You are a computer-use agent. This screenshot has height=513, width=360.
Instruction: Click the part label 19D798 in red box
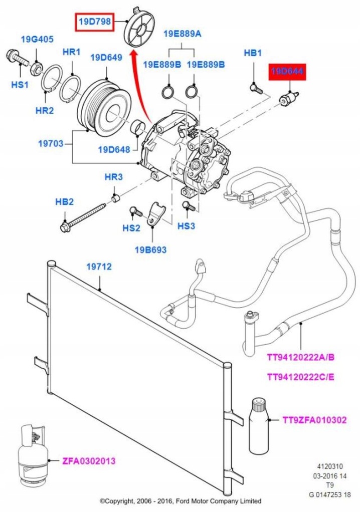pyautogui.click(x=94, y=22)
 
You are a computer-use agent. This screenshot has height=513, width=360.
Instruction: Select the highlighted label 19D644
pyautogui.click(x=288, y=73)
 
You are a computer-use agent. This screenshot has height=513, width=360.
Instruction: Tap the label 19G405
pyautogui.click(x=37, y=39)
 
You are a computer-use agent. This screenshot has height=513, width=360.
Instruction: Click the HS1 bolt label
pyautogui.click(x=20, y=85)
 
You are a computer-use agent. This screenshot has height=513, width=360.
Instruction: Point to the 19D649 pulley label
pyautogui.click(x=106, y=58)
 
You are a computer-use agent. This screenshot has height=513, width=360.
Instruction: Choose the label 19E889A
pyautogui.click(x=182, y=34)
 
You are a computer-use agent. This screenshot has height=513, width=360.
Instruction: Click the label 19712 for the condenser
pyautogui.click(x=100, y=268)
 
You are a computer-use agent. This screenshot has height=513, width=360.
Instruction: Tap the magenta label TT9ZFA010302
pyautogui.click(x=314, y=420)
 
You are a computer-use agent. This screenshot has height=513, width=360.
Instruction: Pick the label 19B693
pyautogui.click(x=150, y=249)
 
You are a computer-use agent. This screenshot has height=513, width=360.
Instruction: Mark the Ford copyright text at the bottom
pyautogui.click(x=180, y=500)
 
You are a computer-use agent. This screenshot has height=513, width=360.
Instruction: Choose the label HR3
pyautogui.click(x=114, y=177)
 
